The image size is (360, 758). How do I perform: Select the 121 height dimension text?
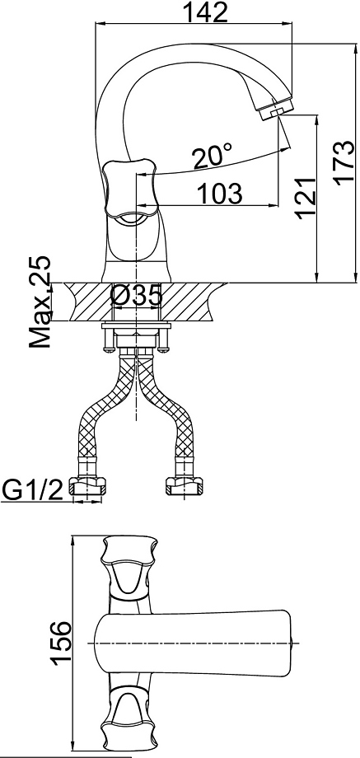(306, 198)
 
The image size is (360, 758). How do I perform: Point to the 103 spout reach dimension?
(220, 194)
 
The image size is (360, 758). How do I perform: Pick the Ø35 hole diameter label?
(136, 296)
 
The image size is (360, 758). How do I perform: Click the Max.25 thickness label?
(40, 301)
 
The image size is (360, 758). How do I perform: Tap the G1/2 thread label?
(33, 490)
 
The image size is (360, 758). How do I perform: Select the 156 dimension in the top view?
(61, 643)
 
